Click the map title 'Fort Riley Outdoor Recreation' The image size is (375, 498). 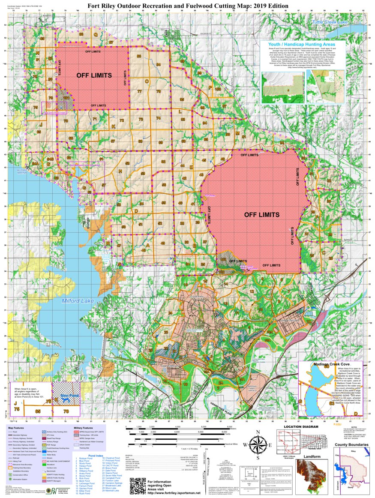click(x=187, y=5)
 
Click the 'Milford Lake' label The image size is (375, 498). click(x=78, y=301)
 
